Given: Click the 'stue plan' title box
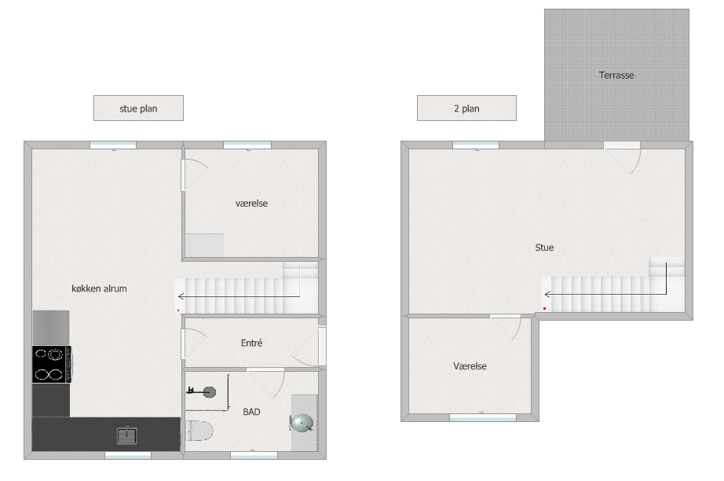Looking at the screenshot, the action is (x=138, y=108).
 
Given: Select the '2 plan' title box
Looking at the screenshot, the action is (x=466, y=108).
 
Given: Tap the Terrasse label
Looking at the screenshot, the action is (x=616, y=75).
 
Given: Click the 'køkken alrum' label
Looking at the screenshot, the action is (x=99, y=288).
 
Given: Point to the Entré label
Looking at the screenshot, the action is (x=251, y=343).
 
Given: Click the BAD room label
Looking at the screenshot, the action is (x=251, y=412).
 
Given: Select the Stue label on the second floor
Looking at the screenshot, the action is (x=544, y=248).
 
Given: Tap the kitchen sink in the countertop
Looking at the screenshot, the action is (x=126, y=435).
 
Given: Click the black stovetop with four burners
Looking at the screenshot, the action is (x=51, y=364).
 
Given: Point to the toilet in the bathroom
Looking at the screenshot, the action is (x=199, y=431).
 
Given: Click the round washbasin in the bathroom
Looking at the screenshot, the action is (x=302, y=423).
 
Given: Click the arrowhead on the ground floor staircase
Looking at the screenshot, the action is (x=181, y=296).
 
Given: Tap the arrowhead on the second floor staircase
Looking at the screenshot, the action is (x=547, y=294).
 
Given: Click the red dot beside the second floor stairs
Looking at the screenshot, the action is (x=545, y=308).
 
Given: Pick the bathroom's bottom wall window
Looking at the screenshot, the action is (x=254, y=455).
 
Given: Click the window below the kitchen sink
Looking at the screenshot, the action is (x=128, y=455).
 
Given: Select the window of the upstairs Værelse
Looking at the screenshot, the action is (x=482, y=417).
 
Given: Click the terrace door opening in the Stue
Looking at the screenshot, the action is (x=621, y=145).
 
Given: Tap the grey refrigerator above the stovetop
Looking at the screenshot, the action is (x=51, y=328).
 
